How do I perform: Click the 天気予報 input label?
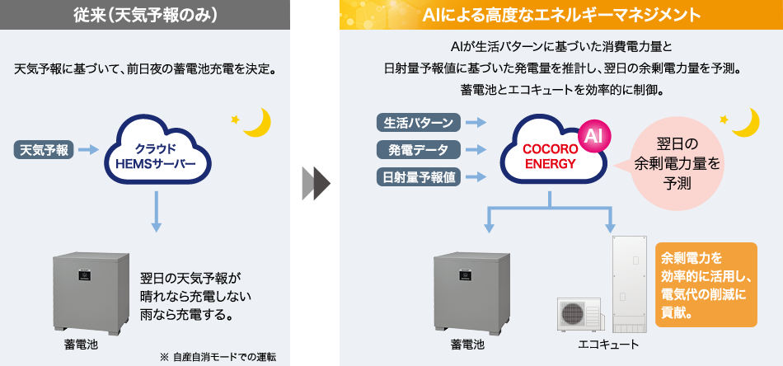[x=45, y=150]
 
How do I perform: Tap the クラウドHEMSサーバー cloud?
[x=155, y=150]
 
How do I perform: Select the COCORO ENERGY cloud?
[x=550, y=150]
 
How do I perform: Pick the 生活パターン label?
[x=419, y=123]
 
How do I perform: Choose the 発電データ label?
[x=419, y=149]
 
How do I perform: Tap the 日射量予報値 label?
[x=419, y=176]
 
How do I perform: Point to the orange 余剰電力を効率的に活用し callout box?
[x=706, y=284]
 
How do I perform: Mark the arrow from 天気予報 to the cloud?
[x=90, y=150]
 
